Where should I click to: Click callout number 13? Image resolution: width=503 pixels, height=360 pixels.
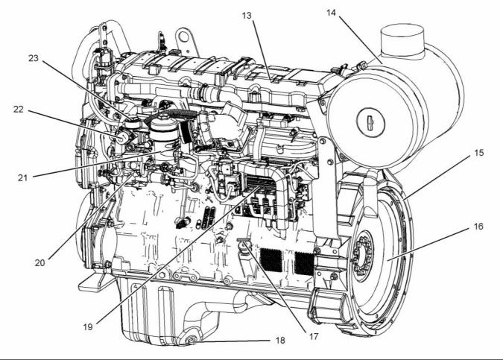coord(247,16)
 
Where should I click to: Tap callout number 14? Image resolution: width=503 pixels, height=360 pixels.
coord(332,13)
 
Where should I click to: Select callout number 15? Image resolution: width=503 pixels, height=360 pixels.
coord(479,153)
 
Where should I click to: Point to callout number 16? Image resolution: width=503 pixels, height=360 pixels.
coord(478,227)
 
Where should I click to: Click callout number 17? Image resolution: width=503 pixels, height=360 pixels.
coord(314,336)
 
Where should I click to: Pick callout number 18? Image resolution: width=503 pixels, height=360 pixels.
coord(280,341)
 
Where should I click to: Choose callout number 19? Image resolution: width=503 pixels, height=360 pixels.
coord(88,327)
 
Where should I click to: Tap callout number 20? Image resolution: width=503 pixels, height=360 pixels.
coord(39,263)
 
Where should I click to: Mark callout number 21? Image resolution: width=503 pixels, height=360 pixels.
coord(23,177)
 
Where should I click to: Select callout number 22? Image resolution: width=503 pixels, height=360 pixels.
coord(19,110)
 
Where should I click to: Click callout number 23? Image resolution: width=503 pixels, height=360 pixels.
coord(34,58)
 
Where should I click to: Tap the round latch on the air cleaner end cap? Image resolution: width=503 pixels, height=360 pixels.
coord(370,121)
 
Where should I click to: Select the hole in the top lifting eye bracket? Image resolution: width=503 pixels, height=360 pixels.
coord(183,37)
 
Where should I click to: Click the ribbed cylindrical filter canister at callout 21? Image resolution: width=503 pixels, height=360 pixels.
coord(163,135)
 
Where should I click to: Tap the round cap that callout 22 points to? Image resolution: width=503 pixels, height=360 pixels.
coord(123,139)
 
